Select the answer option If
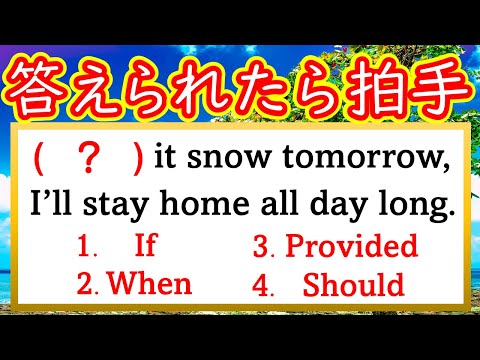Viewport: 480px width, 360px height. [x=146, y=246]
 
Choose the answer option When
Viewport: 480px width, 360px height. [x=149, y=284]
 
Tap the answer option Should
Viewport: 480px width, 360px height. [x=356, y=285]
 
